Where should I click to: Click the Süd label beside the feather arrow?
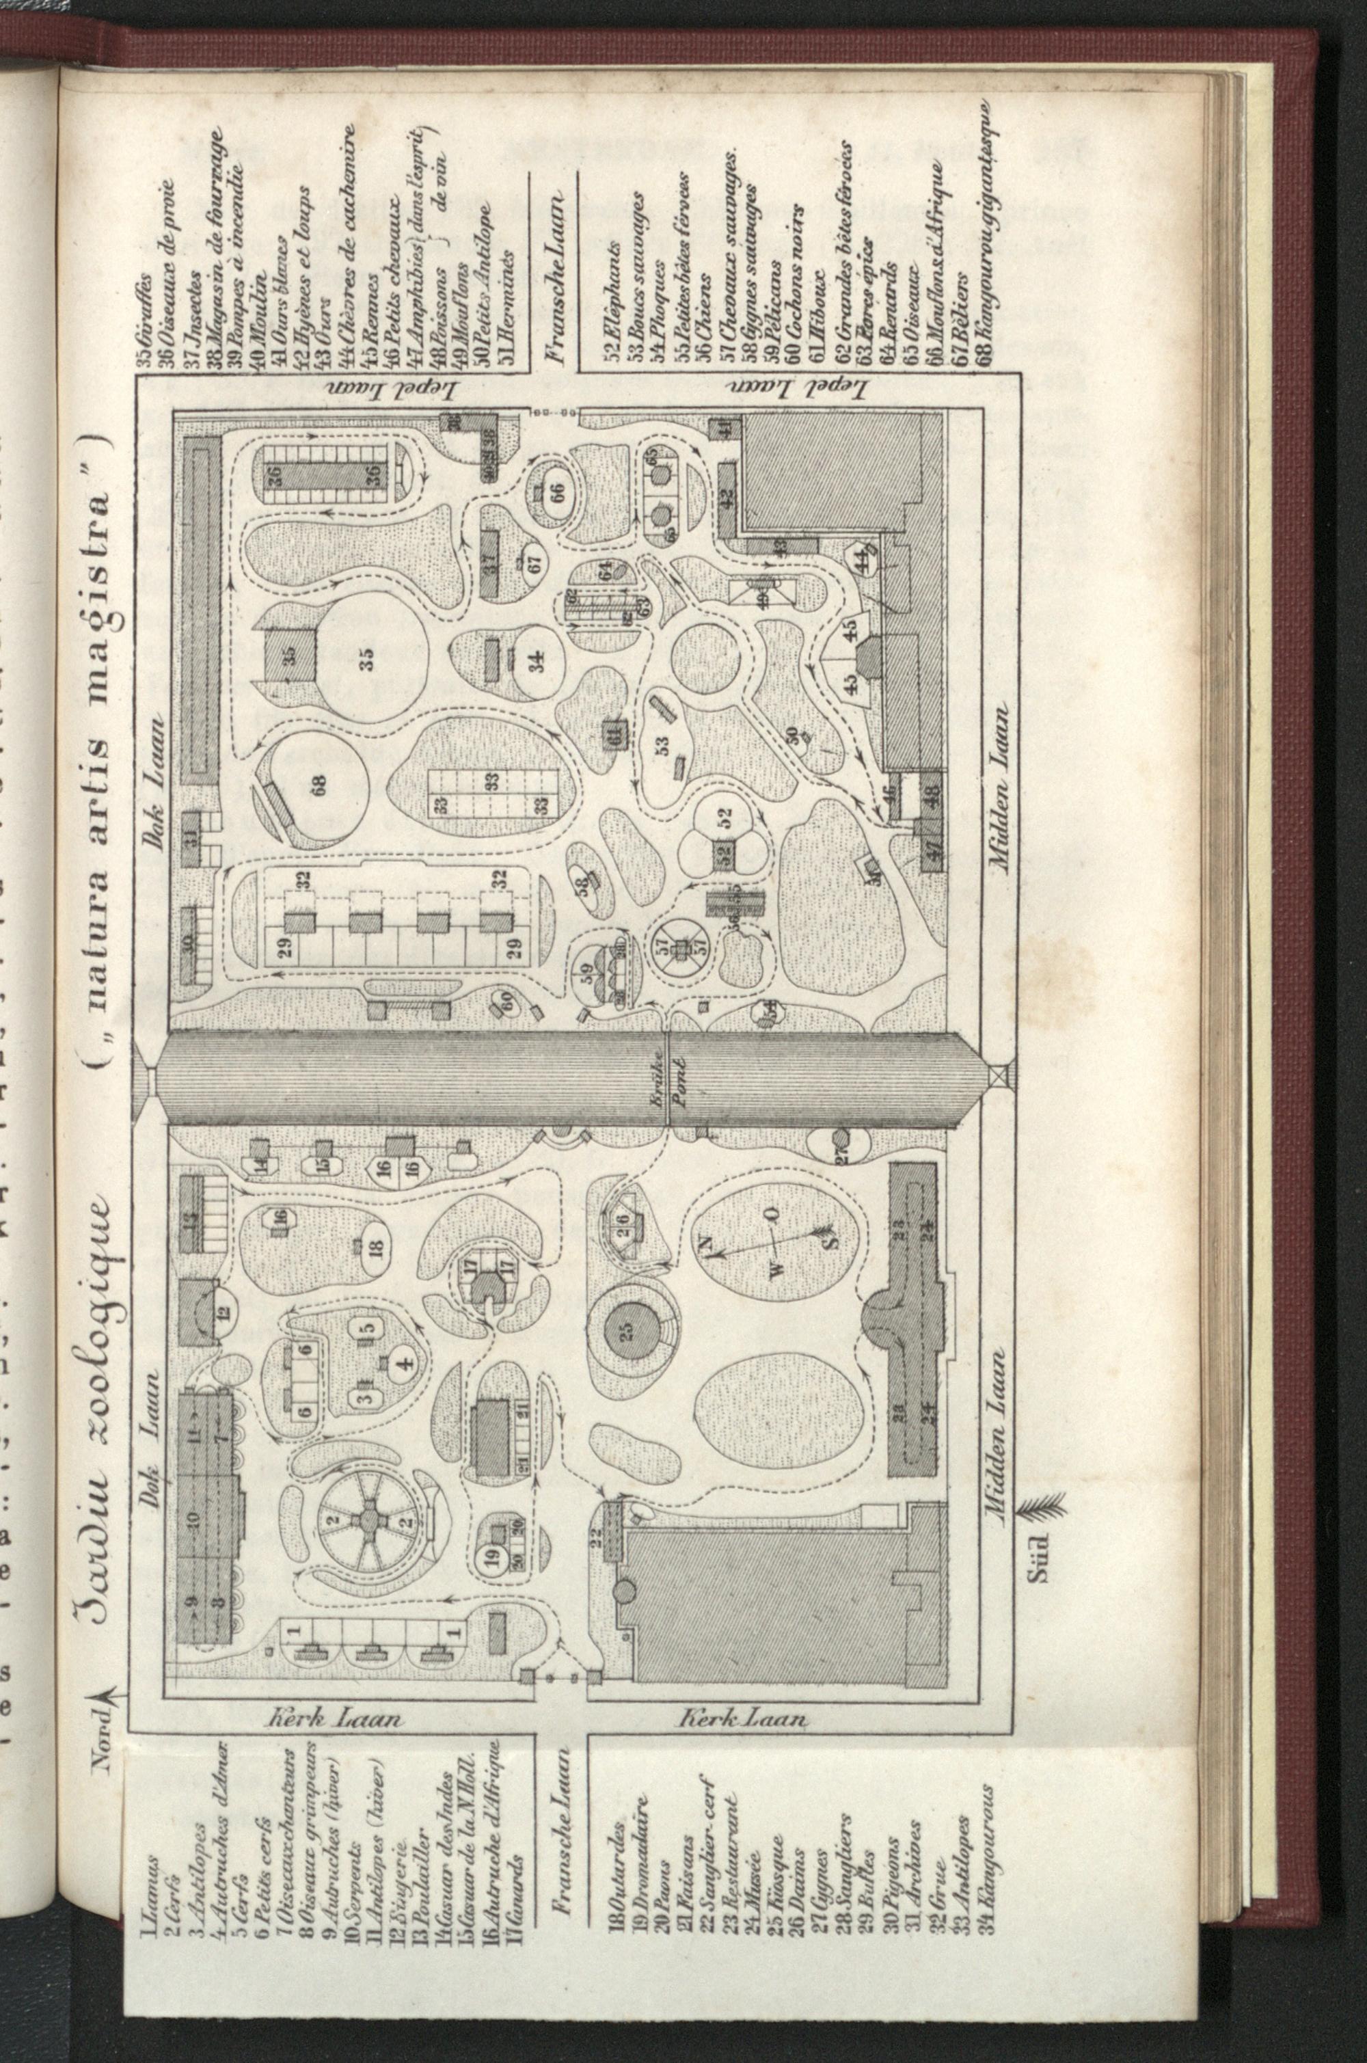point(1044,1560)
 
